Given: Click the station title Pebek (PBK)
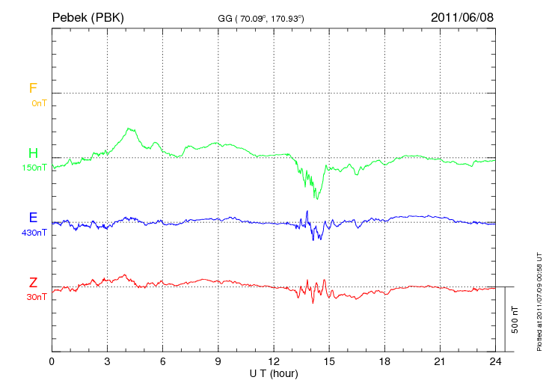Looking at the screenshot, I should [x=88, y=16].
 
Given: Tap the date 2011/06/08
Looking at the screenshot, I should [x=462, y=16].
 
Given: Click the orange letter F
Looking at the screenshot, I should [x=33, y=88].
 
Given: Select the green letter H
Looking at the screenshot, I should [x=33, y=153].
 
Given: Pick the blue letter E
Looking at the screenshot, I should [x=33, y=218].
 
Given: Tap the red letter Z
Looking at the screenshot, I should [x=33, y=283].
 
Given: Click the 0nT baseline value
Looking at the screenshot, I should [x=39, y=102].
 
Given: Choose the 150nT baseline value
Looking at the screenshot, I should [x=34, y=168].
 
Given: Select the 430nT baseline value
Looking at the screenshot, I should [x=34, y=232].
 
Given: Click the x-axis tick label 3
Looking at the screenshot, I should [x=107, y=362].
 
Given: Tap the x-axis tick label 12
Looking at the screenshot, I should [x=274, y=362].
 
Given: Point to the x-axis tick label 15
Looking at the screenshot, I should [x=329, y=362].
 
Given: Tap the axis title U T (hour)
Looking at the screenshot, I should [x=274, y=373].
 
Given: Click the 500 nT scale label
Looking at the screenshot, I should [x=515, y=319].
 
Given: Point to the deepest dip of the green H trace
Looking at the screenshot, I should [x=317, y=198].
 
